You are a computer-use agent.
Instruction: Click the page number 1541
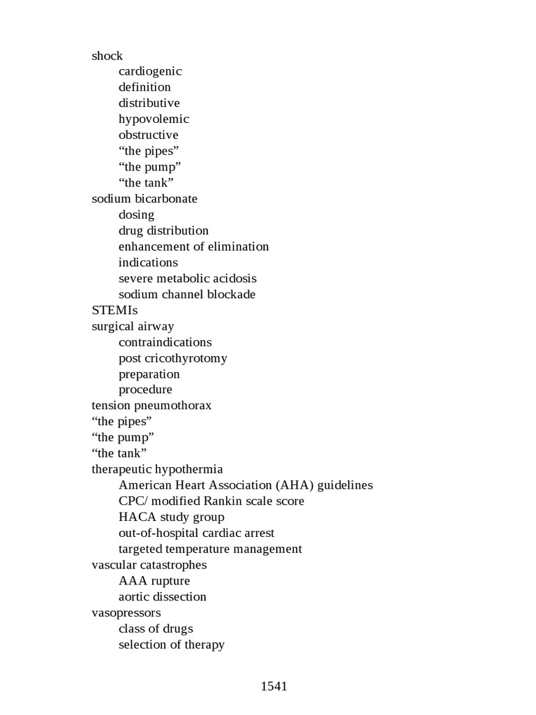point(274,686)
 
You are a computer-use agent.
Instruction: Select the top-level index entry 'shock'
point(107,56)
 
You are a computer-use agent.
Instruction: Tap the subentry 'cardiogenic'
point(150,71)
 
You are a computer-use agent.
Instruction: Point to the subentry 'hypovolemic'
point(154,119)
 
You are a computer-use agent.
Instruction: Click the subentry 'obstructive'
point(148,135)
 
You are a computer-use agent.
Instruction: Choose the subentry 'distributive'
point(149,103)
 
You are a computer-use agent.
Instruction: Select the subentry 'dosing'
point(136,214)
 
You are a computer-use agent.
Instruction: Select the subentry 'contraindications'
point(165,342)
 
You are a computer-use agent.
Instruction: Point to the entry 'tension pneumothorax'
point(151,406)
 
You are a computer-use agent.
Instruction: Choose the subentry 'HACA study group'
point(171,517)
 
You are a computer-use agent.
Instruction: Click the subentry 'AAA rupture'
point(154,581)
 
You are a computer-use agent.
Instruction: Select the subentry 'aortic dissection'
point(162,597)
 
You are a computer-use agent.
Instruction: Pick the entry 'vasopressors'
point(126,612)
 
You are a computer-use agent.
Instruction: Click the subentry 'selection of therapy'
point(171,644)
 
